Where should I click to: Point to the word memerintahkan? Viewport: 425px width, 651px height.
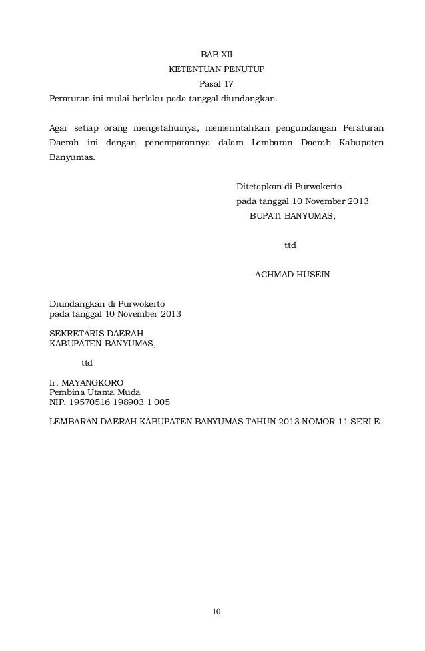tap(240, 127)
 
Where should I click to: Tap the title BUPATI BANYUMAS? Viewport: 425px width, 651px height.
tap(292, 216)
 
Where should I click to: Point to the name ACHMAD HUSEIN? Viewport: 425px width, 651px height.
tap(292, 275)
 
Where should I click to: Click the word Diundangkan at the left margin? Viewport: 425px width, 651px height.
tap(77, 303)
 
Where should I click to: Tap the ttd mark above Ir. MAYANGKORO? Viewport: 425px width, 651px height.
tap(87, 364)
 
